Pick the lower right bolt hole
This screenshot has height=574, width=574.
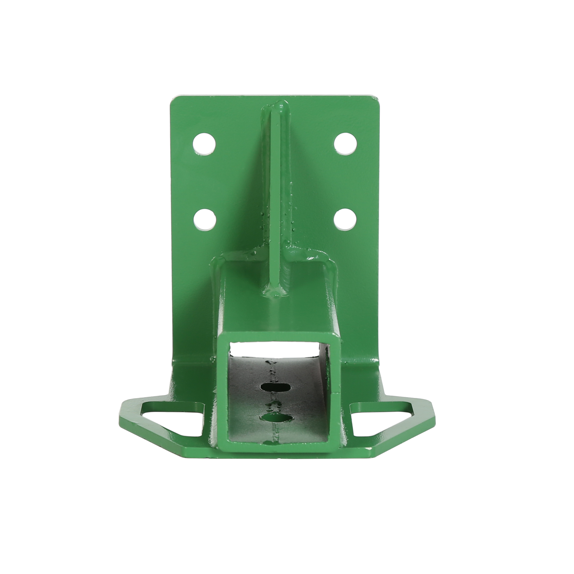click(345, 218)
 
